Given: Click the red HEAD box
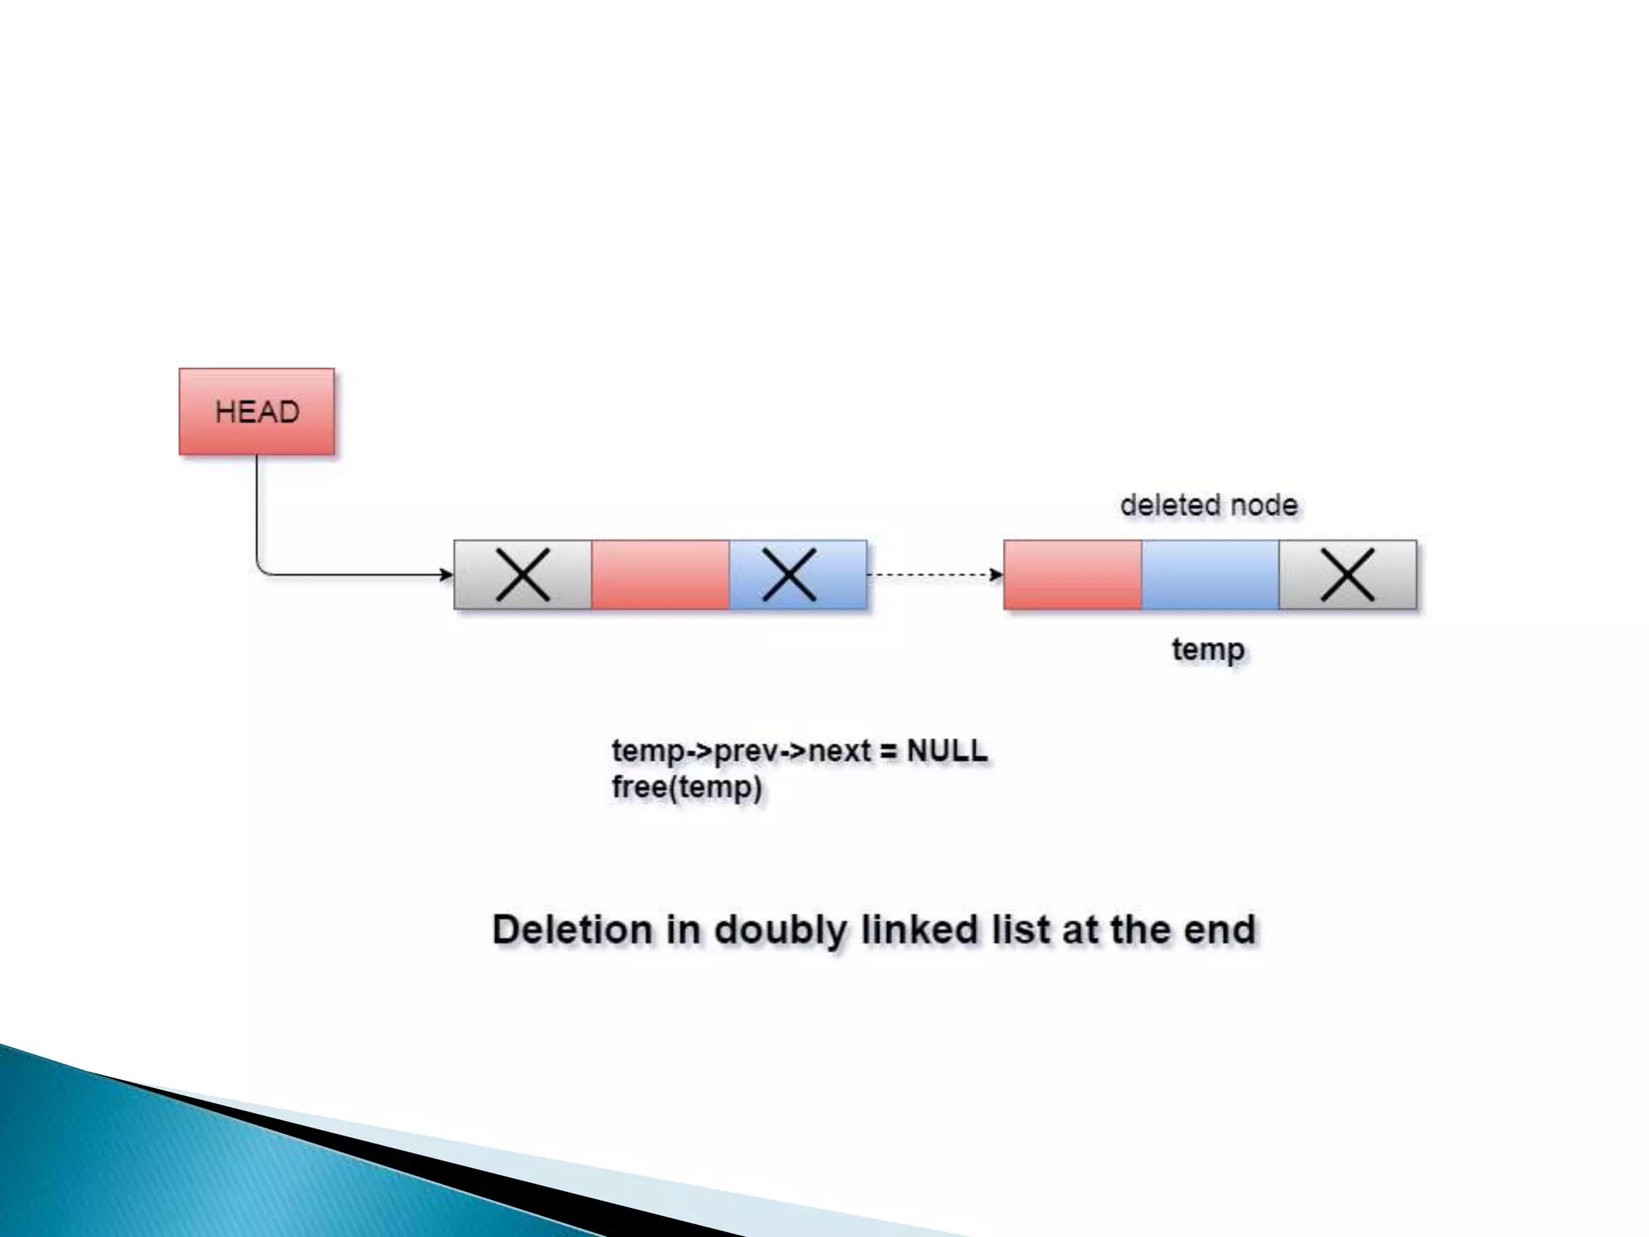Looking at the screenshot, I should click(x=256, y=412).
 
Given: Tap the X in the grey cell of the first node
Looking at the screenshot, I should click(x=523, y=575).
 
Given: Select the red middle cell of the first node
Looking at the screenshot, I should click(x=660, y=575).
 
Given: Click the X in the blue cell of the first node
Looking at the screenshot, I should click(x=789, y=575).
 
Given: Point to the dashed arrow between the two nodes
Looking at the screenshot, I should click(x=934, y=575).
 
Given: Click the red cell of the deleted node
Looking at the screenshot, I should click(x=1072, y=575).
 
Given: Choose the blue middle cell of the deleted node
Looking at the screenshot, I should click(x=1210, y=575).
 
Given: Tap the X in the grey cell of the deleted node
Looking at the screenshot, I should click(x=1347, y=575).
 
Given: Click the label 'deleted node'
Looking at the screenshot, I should click(x=1209, y=506).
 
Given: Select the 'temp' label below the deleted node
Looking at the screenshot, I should click(x=1208, y=649).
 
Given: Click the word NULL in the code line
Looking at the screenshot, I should click(x=947, y=751).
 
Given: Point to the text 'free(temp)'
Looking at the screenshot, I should click(x=687, y=788).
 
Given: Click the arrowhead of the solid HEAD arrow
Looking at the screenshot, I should click(x=446, y=575).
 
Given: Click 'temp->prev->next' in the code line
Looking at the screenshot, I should click(x=741, y=751).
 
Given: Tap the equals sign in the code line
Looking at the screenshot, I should click(x=888, y=751).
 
